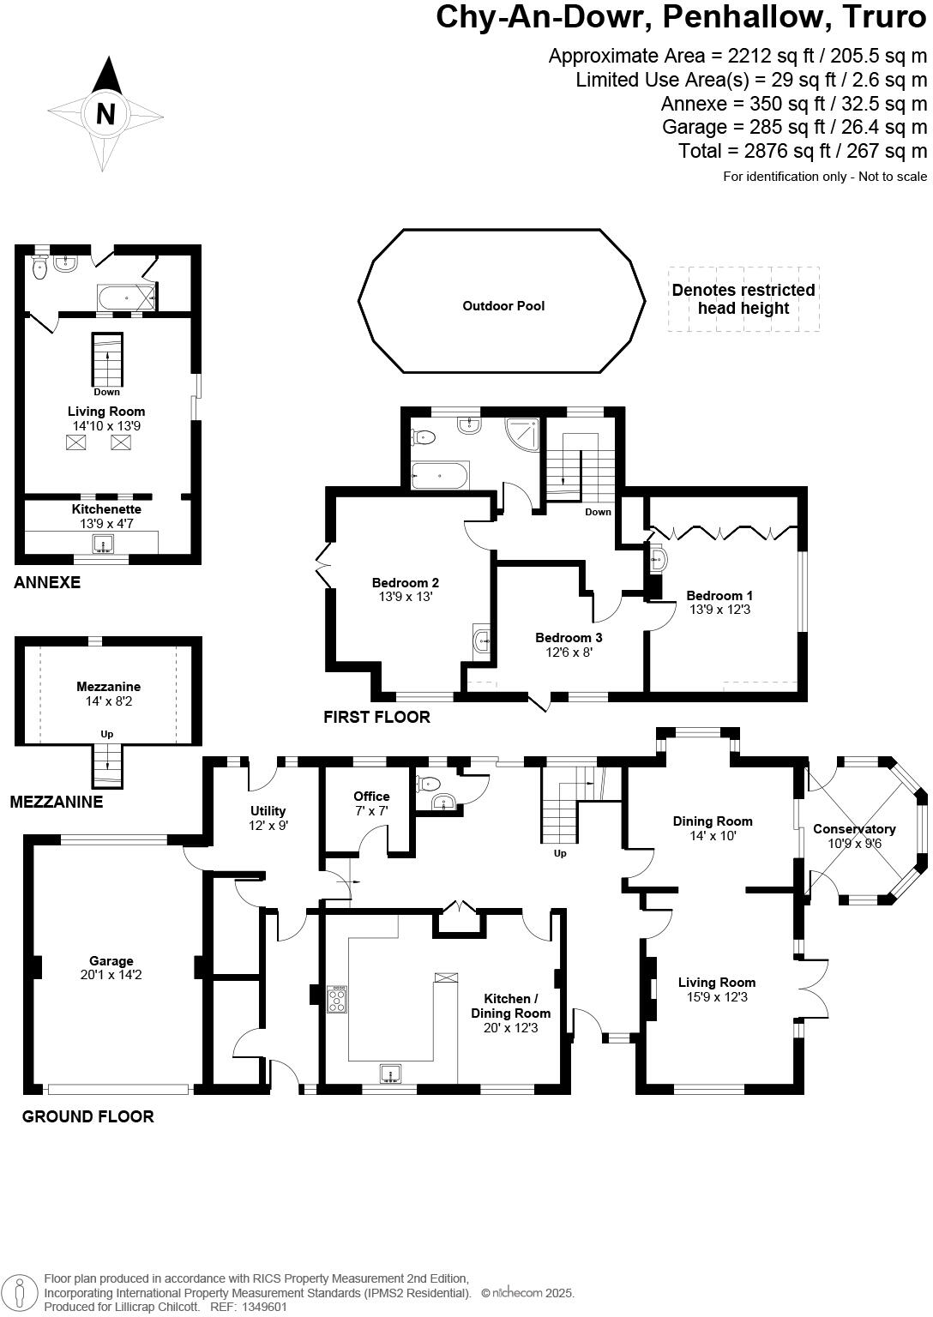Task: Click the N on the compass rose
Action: (105, 113)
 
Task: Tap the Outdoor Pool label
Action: (503, 306)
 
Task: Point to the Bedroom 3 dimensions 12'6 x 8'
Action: (569, 652)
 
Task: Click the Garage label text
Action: (111, 961)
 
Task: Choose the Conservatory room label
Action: (854, 829)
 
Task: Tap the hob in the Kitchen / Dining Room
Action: (338, 999)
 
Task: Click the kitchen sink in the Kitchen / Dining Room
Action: (391, 1073)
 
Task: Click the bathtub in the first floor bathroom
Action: (439, 474)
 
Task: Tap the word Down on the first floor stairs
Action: (598, 512)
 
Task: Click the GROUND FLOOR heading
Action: (87, 1116)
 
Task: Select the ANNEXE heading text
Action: (47, 583)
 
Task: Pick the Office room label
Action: (371, 797)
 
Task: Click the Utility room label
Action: (268, 811)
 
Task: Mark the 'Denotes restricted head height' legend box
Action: (743, 299)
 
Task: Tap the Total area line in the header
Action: (803, 151)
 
